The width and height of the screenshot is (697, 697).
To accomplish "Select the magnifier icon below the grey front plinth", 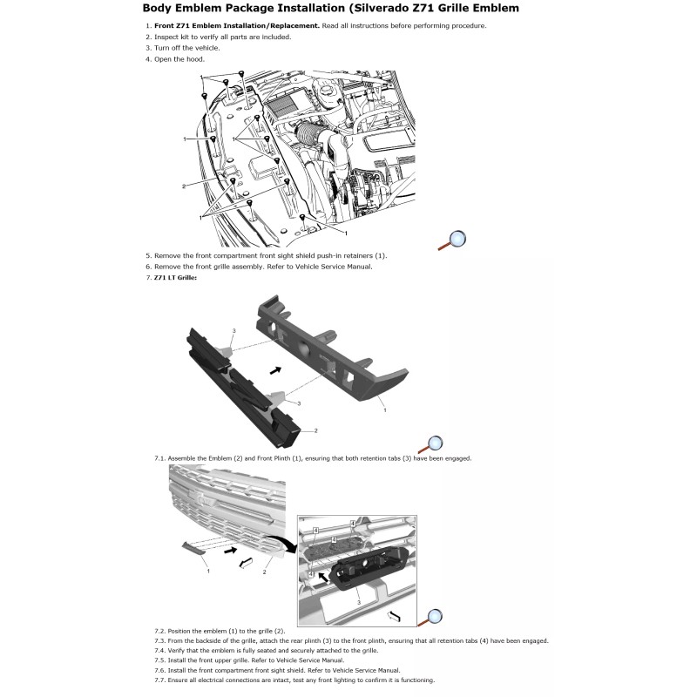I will (x=432, y=444).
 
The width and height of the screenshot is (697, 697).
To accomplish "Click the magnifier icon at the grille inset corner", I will (x=431, y=615).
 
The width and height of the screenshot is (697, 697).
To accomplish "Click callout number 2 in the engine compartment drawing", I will (x=184, y=186).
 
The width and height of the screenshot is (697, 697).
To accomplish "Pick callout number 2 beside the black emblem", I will (x=315, y=430).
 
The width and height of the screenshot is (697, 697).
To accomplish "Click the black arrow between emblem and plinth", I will (x=275, y=369).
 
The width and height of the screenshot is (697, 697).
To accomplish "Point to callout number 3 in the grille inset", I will (x=358, y=600).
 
